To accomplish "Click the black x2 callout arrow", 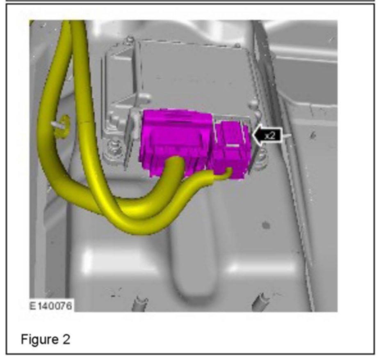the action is coord(267,135).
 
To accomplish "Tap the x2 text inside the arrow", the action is coord(270,135).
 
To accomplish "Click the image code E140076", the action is coord(50,306).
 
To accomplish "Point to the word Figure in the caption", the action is coord(39,339).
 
